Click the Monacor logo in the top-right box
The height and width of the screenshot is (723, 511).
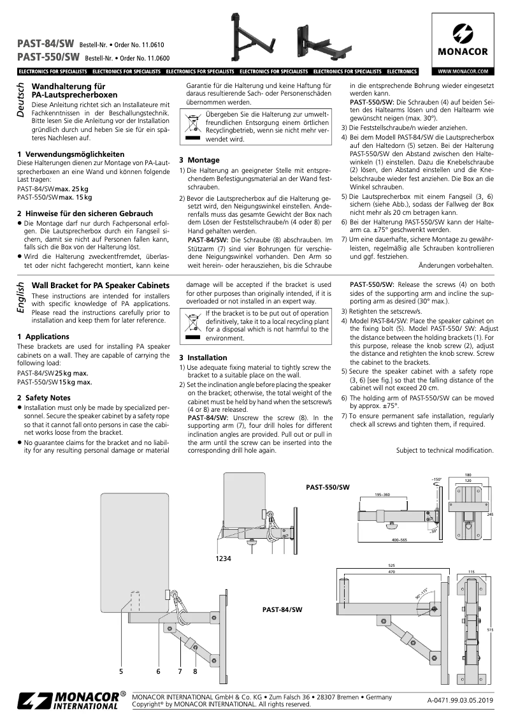(463, 40)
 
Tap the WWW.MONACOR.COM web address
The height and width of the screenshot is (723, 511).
(463, 71)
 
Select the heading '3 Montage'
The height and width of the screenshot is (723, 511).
(199, 160)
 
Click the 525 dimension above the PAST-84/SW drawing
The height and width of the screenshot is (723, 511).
(392, 565)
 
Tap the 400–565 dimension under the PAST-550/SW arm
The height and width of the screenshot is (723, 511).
(400, 539)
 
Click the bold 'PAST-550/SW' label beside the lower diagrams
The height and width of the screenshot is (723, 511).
(327, 487)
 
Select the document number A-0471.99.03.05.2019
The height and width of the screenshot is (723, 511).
(460, 700)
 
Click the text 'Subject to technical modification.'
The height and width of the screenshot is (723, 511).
(444, 450)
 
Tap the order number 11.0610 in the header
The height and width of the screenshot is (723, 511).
(150, 45)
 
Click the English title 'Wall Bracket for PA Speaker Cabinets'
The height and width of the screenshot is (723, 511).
(101, 284)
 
